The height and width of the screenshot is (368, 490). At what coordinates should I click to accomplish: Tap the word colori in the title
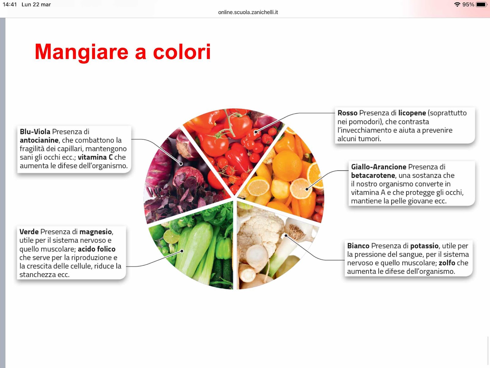[x=182, y=52]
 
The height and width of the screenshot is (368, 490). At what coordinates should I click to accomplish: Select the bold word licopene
[x=412, y=113]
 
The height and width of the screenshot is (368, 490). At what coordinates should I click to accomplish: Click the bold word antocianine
[x=39, y=140]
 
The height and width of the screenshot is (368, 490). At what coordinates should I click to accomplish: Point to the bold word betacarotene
[x=373, y=175]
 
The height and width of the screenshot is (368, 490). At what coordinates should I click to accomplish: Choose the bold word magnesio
[x=96, y=232]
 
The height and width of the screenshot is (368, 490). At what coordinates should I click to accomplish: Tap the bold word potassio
[x=424, y=246]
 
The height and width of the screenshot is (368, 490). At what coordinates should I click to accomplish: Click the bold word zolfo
[x=447, y=263]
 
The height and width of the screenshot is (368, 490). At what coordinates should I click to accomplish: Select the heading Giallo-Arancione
[x=379, y=167]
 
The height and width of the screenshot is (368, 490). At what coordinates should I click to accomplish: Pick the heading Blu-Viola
[x=35, y=132]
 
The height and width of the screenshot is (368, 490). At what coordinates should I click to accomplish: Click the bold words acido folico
[x=97, y=249]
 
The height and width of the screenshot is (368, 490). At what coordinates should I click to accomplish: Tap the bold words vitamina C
[x=95, y=157]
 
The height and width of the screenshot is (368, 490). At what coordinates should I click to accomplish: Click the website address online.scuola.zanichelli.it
[x=248, y=12]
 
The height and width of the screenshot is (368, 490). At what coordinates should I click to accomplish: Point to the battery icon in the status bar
[x=481, y=5]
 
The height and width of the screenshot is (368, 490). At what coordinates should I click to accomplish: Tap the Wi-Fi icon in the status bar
[x=457, y=5]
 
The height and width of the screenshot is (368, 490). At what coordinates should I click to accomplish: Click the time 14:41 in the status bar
[x=10, y=5]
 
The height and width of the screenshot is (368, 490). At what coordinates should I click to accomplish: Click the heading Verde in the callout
[x=29, y=232]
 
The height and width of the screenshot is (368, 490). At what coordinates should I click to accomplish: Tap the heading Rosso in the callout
[x=347, y=113]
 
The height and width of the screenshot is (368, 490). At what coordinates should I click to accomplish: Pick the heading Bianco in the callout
[x=358, y=246]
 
